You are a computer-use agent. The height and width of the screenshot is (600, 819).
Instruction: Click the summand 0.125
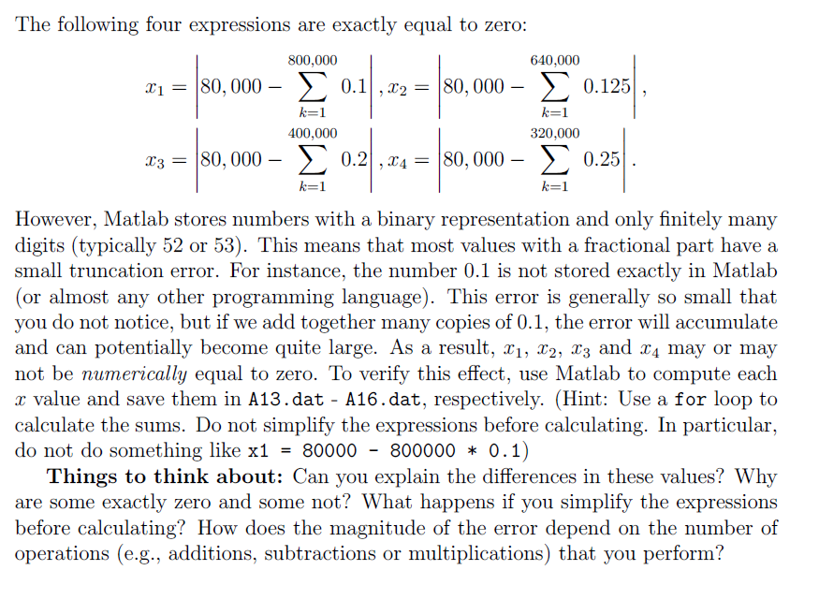point(607,88)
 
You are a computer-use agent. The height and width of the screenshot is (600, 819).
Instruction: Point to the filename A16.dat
point(378,399)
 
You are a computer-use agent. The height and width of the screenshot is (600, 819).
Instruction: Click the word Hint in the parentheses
point(583,399)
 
